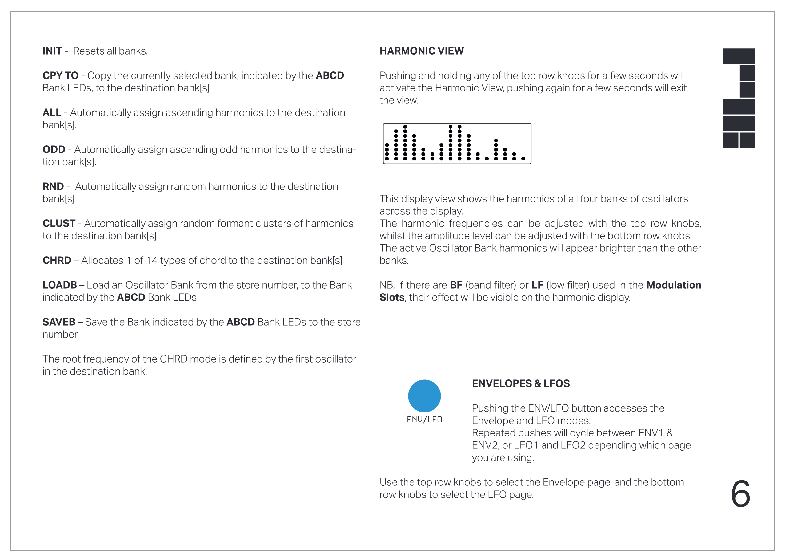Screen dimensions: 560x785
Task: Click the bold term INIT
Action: (x=52, y=51)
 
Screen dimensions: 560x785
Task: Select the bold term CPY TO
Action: (x=60, y=75)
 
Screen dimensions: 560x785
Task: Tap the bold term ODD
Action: (x=54, y=149)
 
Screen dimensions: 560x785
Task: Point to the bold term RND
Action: (x=53, y=187)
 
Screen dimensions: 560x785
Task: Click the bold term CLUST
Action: (x=59, y=223)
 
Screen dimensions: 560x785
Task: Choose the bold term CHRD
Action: (x=57, y=260)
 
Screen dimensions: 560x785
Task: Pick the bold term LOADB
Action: (x=60, y=285)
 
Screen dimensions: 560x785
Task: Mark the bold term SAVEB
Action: (x=59, y=322)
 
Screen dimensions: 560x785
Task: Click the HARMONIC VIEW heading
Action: (x=422, y=51)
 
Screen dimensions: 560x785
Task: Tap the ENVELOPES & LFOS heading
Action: (x=520, y=383)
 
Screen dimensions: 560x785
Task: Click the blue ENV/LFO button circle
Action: (x=424, y=396)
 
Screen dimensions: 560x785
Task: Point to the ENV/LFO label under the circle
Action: (x=424, y=420)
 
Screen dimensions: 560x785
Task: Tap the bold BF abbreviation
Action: (x=456, y=285)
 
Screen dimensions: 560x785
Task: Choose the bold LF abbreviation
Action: (x=537, y=285)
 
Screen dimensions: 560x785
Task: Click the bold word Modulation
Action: (x=673, y=285)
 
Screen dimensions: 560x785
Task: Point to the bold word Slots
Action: (x=392, y=298)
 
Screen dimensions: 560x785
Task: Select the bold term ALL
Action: (x=52, y=112)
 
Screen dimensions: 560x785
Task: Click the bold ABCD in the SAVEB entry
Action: (x=240, y=322)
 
